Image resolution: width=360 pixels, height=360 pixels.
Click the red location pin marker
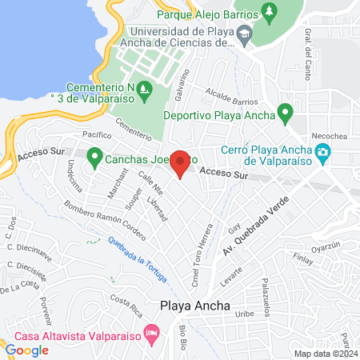tap(181, 163)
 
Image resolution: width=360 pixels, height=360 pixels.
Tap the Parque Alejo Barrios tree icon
tap(268, 13)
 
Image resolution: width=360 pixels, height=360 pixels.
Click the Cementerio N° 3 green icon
tap(144, 88)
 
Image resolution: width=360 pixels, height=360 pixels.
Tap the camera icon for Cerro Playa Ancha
tap(322, 153)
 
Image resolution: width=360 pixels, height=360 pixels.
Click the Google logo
tap(27, 350)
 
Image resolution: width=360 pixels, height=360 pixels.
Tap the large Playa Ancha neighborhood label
tap(195, 306)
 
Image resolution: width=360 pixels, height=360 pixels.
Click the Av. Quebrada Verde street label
tap(254, 229)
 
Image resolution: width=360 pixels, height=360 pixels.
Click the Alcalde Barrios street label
tap(231, 98)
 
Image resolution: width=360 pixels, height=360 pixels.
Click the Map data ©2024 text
tap(324, 354)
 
